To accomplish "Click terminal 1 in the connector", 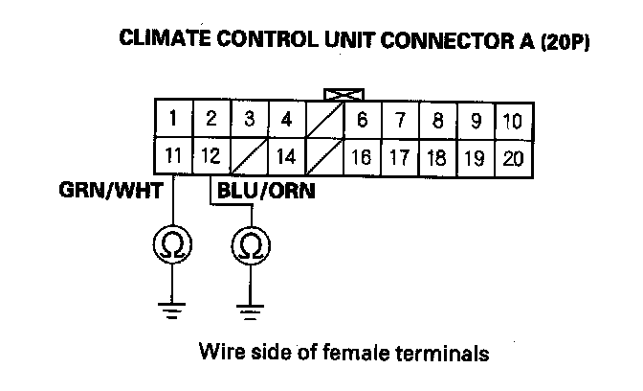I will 172,121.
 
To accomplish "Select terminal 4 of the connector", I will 285,121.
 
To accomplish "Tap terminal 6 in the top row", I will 362,121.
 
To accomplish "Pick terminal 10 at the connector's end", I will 512,121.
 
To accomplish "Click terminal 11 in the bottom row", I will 172,156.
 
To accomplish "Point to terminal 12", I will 210,156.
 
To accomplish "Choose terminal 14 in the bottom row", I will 285,156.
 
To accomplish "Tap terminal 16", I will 362,156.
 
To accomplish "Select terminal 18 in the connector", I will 437,156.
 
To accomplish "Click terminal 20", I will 512,156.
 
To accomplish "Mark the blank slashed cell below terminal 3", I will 248,156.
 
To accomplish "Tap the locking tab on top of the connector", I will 341,95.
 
